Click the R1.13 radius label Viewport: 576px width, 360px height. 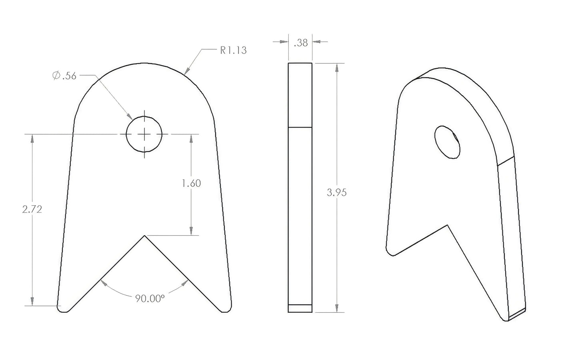[x=234, y=50]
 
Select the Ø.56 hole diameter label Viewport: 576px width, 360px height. [x=64, y=76]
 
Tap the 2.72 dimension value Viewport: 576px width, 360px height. [x=32, y=209]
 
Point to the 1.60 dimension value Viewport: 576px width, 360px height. [x=191, y=183]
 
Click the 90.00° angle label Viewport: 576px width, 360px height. [x=150, y=298]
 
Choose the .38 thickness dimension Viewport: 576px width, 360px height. [x=301, y=43]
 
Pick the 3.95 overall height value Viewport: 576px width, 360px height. [x=337, y=192]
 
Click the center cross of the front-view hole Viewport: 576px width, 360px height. [x=144, y=134]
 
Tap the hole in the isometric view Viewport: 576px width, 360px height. [x=447, y=142]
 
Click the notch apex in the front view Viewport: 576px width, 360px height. [x=144, y=235]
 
